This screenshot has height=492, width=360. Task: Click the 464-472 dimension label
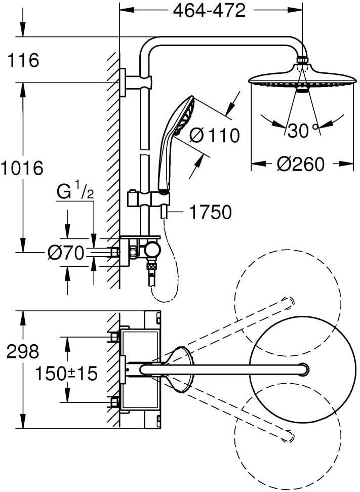[x=209, y=11]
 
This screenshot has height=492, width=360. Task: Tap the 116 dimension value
[x=23, y=60]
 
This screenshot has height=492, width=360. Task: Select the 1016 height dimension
[x=21, y=168]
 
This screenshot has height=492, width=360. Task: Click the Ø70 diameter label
[x=66, y=253]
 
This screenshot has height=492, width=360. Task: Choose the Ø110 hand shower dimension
[x=215, y=135]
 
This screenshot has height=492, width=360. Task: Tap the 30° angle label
[x=303, y=130]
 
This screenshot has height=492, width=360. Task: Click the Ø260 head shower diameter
[x=300, y=164]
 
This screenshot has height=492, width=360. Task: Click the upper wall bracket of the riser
[x=136, y=82]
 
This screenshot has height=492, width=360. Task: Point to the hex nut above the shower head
[x=303, y=60]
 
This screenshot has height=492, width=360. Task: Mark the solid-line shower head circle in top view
[x=303, y=370]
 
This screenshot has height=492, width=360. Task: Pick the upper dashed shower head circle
[x=288, y=303]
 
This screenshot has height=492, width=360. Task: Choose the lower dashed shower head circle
[x=288, y=436]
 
